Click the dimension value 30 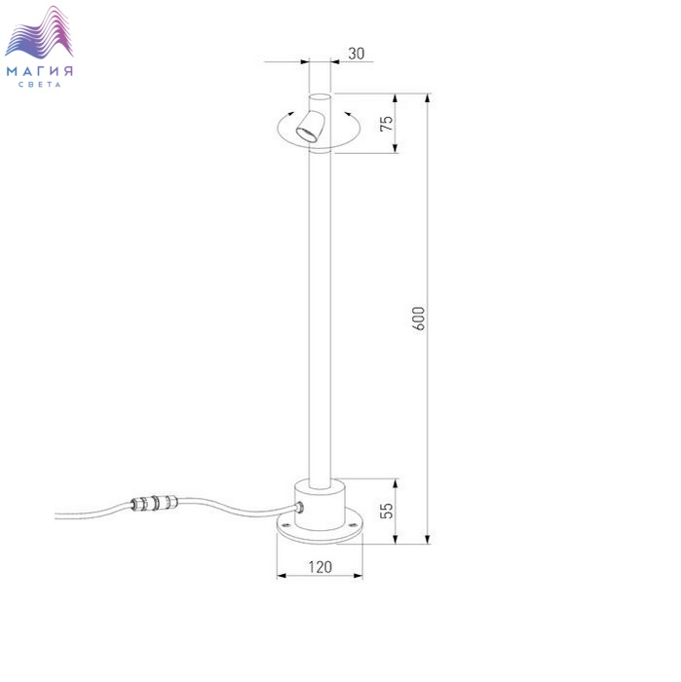(357, 54)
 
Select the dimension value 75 (387, 124)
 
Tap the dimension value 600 (418, 319)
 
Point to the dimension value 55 (387, 511)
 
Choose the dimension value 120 (321, 567)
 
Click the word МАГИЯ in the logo (40, 71)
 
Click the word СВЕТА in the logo (40, 85)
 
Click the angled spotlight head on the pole (311, 126)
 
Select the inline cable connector (154, 503)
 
